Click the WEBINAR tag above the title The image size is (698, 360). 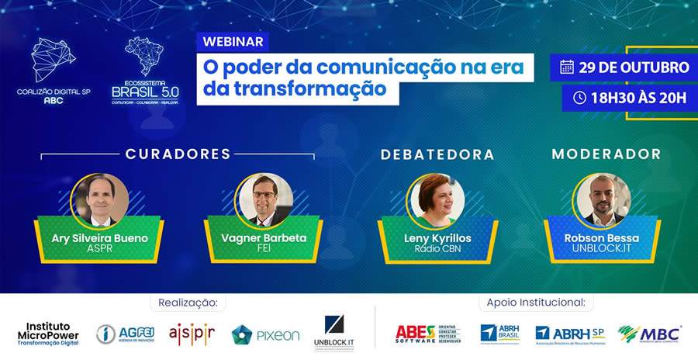coord(233,40)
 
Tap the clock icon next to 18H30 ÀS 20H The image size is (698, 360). coord(579,98)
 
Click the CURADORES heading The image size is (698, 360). coord(178,154)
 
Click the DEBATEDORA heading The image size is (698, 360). coord(437,154)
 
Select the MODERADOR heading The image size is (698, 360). coord(606,154)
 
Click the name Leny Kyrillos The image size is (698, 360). coord(436,237)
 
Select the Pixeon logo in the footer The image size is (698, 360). coord(265,334)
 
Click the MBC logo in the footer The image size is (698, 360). coord(650,334)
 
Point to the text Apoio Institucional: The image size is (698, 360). coord(535,301)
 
